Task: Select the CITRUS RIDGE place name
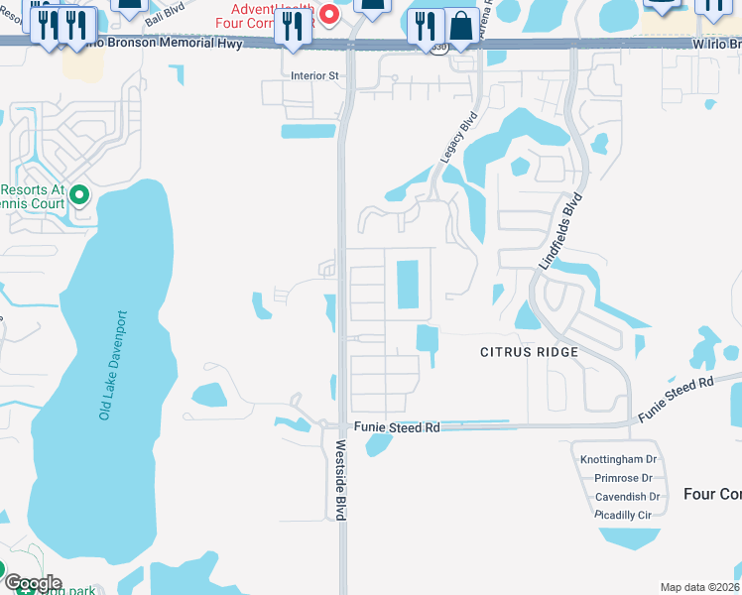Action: click(x=529, y=352)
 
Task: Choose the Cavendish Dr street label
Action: click(x=626, y=497)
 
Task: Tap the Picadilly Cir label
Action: click(x=622, y=516)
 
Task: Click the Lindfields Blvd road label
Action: click(x=558, y=231)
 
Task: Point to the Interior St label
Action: click(x=314, y=75)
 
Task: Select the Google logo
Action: click(x=32, y=582)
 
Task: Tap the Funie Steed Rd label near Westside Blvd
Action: click(x=396, y=427)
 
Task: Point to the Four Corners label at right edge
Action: click(x=712, y=494)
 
